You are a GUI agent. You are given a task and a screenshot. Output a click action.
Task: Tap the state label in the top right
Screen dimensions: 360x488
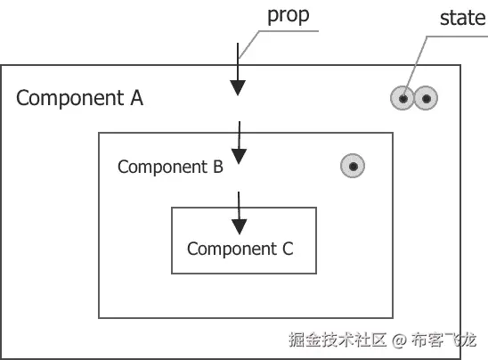pos(462,18)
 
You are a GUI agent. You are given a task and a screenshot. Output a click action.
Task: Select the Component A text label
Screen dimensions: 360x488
pos(79,98)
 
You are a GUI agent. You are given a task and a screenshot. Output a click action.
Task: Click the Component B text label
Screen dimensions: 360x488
pos(170,167)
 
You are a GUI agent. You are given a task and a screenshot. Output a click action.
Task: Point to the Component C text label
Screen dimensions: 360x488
pos(240,249)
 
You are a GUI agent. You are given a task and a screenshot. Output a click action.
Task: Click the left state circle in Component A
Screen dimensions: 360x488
pos(403,99)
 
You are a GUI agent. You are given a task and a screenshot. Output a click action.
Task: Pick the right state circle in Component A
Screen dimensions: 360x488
pos(427,99)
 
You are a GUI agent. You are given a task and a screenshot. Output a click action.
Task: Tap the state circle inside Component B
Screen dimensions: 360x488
pos(354,166)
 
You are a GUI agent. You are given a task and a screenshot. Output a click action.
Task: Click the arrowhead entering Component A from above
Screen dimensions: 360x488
pos(238,86)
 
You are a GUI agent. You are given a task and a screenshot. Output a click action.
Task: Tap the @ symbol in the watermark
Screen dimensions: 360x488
pos(399,340)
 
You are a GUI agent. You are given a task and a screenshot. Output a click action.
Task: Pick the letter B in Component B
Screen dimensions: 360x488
pos(216,167)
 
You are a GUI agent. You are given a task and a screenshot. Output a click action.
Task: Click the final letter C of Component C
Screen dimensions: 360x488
pos(287,249)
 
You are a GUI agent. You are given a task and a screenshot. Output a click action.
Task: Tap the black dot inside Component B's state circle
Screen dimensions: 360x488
pos(354,166)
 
